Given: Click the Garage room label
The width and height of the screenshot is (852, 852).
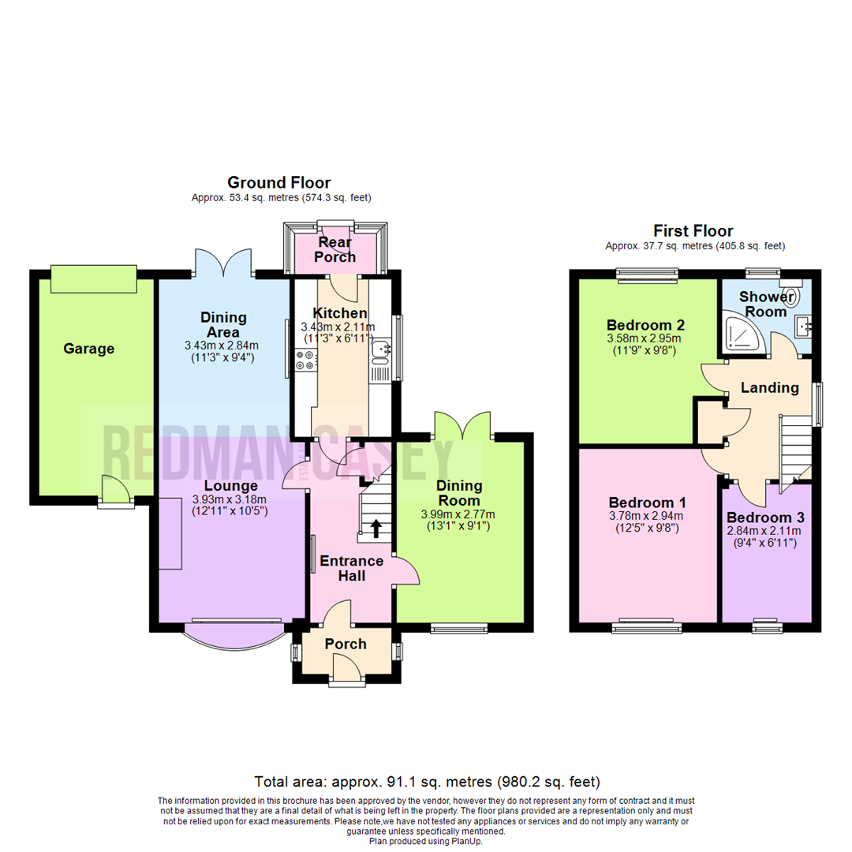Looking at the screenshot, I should pos(89,349).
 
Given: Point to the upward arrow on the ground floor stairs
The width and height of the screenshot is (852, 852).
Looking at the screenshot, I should pos(376,528).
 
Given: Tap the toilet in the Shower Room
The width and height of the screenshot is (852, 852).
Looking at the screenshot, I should pos(792,295).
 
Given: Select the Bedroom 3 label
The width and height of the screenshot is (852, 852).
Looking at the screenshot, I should pos(766,518).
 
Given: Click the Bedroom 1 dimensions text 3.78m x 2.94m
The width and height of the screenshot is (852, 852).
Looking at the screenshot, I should pos(647,517).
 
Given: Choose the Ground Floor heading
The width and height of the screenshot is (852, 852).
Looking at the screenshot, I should pos(278,183).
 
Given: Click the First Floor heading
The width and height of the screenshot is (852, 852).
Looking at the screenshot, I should pos(693,231).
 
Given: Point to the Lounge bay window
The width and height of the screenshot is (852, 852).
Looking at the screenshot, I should pos(234,631).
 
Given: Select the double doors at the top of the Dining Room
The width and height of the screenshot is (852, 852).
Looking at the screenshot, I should pos(462,425).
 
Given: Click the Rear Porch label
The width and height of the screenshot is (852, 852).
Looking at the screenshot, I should pos(335,248).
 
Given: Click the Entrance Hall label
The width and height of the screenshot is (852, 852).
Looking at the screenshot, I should pos(351,568).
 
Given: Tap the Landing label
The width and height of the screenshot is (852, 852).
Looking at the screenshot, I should pos(769,387).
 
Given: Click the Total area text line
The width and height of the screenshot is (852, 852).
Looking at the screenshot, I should pos(426,782).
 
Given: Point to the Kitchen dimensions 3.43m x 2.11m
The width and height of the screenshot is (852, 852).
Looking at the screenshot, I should pos(338,327).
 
